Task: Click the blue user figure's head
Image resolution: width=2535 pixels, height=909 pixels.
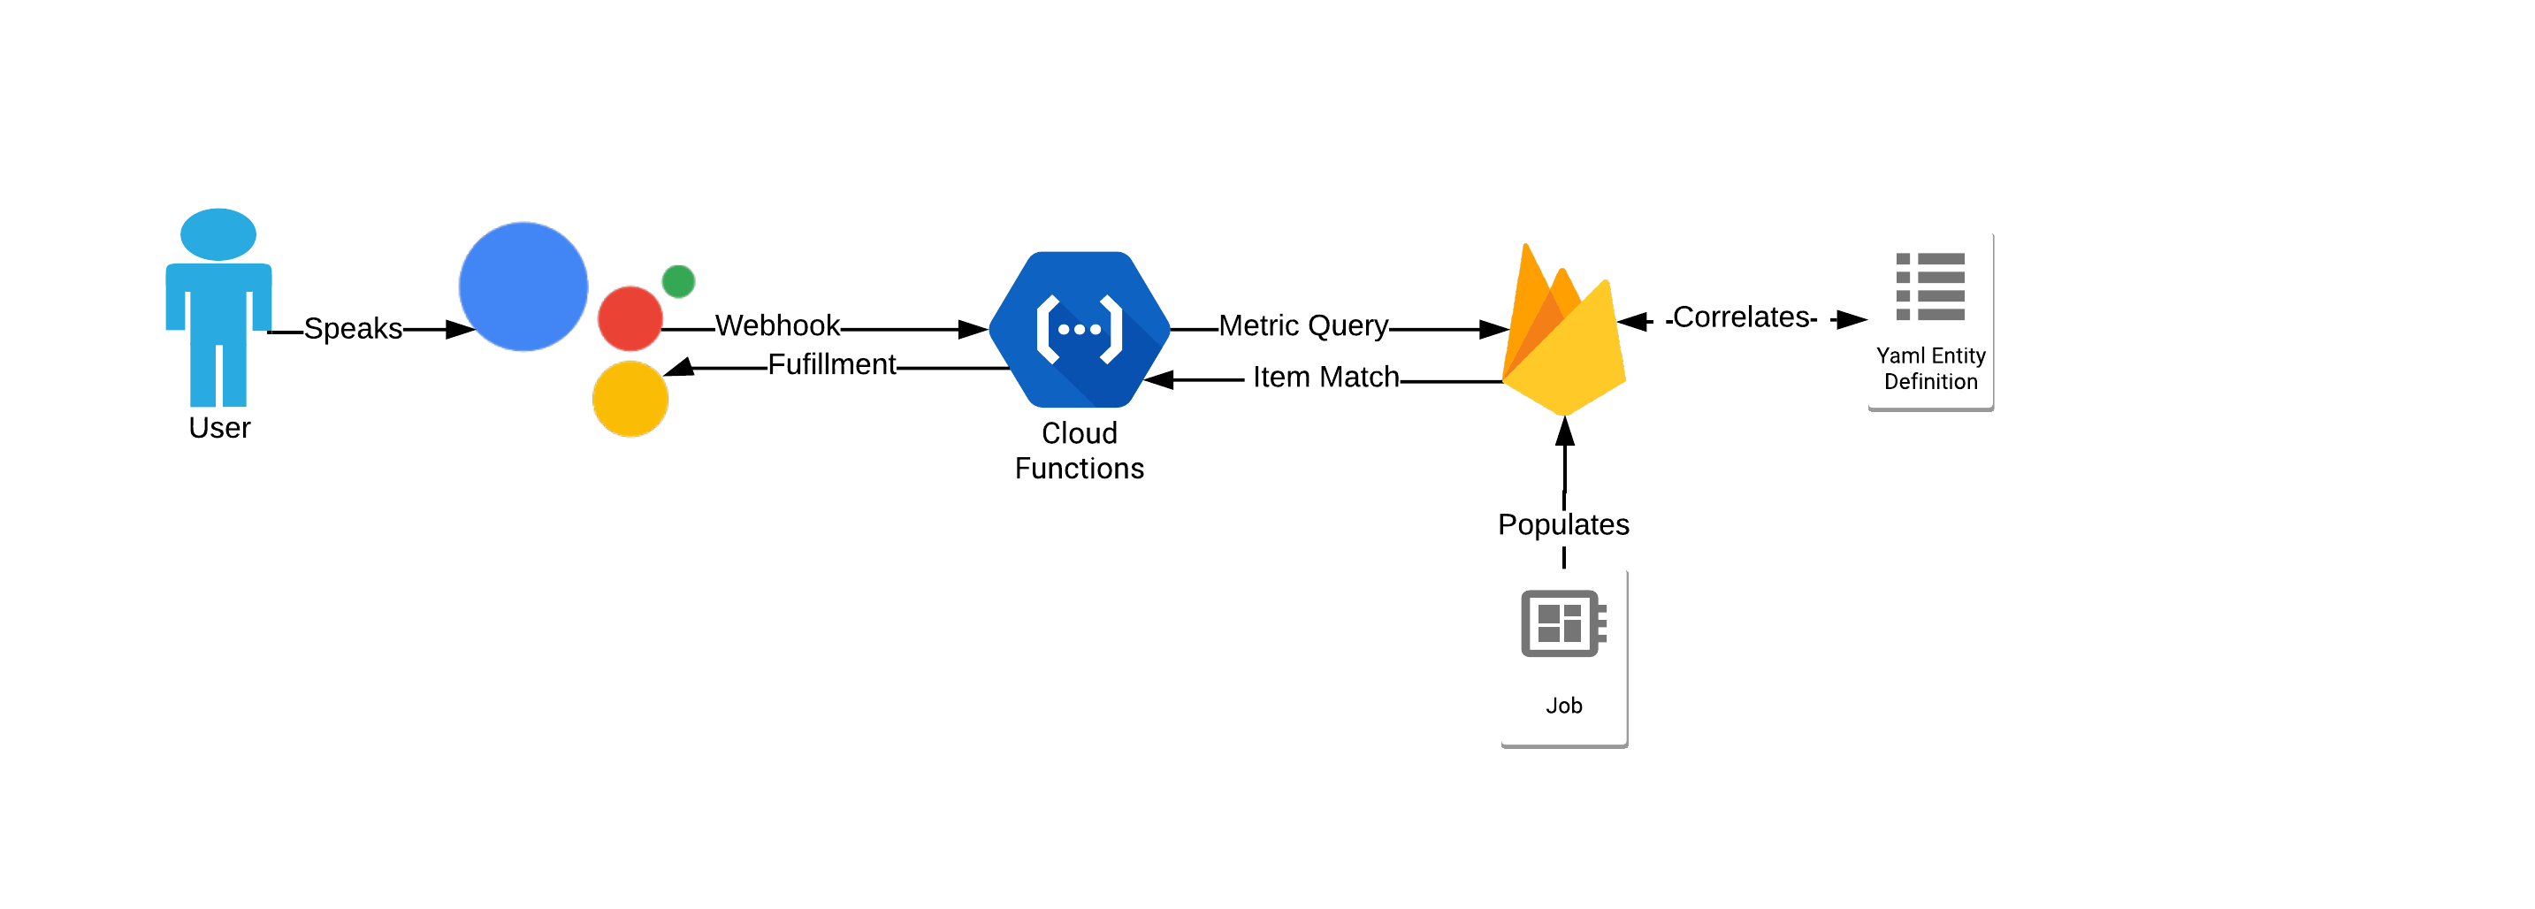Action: pyautogui.click(x=218, y=234)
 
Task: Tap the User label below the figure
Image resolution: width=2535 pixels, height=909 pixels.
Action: pyautogui.click(x=219, y=428)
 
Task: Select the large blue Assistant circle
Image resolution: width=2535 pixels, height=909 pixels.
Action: pyautogui.click(x=523, y=286)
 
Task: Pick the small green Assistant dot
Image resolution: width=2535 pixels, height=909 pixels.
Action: pyautogui.click(x=678, y=281)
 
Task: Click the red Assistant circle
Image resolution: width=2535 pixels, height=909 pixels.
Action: pyautogui.click(x=630, y=318)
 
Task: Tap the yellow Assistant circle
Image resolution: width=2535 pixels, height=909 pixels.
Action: pyautogui.click(x=630, y=399)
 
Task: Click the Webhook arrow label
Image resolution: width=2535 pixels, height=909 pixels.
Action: pyautogui.click(x=777, y=325)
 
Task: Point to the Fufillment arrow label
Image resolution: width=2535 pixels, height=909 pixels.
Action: pyautogui.click(x=831, y=365)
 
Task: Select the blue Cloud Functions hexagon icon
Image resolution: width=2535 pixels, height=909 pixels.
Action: pyautogui.click(x=1079, y=330)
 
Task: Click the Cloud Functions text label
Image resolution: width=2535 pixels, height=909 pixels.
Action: pyautogui.click(x=1079, y=451)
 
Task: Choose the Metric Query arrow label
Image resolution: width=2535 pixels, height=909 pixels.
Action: pyautogui.click(x=1303, y=325)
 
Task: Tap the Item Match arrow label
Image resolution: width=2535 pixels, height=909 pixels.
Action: pyautogui.click(x=1325, y=377)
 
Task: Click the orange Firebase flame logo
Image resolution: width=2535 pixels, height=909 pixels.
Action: pyautogui.click(x=1562, y=334)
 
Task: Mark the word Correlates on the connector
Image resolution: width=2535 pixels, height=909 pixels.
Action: pyautogui.click(x=1741, y=317)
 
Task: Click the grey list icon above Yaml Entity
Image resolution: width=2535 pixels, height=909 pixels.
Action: pyautogui.click(x=1930, y=286)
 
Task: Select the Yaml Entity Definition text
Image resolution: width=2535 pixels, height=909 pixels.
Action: pyautogui.click(x=1930, y=369)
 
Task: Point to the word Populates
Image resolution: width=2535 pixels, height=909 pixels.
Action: pyautogui.click(x=1562, y=524)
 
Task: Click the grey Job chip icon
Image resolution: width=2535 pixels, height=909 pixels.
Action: pyautogui.click(x=1562, y=623)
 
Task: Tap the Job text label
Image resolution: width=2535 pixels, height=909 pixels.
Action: pyautogui.click(x=1562, y=706)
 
